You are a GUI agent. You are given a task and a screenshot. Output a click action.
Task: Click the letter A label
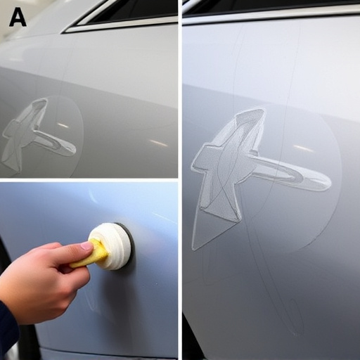(17, 18)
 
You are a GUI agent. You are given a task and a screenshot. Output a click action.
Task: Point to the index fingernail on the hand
(86, 246)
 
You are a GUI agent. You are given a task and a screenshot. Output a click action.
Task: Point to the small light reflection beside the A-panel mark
(63, 126)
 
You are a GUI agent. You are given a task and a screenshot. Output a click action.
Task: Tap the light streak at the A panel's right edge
(159, 143)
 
